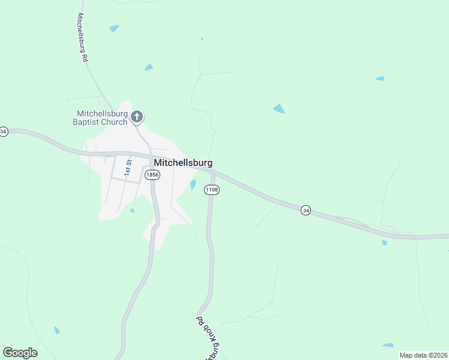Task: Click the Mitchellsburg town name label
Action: (182, 163)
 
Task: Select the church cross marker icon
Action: (137, 116)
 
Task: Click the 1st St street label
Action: (127, 167)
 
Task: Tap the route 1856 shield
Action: (152, 175)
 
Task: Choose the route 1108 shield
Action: (211, 190)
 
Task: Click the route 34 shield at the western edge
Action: (4, 131)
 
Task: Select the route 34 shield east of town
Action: (306, 211)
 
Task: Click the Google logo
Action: (20, 353)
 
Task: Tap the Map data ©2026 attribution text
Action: (423, 355)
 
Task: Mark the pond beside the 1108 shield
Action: (193, 185)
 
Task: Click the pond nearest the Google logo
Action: (57, 330)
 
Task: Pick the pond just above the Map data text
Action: (388, 345)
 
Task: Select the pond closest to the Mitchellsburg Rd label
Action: (114, 28)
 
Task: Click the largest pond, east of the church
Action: (279, 109)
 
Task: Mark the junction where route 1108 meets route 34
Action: (213, 172)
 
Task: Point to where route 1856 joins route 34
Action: (150, 157)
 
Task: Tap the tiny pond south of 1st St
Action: (132, 210)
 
